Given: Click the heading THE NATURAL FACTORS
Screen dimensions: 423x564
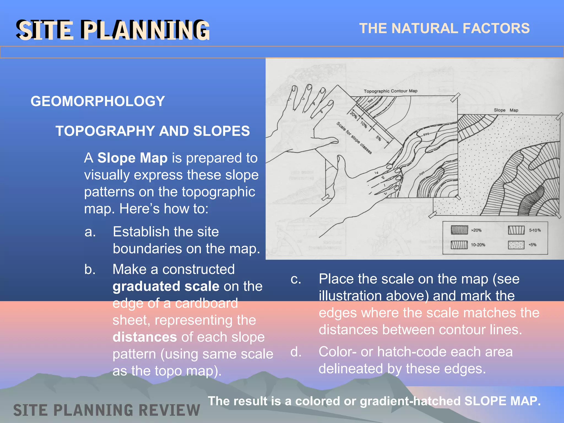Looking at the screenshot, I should click(444, 28).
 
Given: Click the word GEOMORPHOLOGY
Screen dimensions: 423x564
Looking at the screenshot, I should click(98, 101).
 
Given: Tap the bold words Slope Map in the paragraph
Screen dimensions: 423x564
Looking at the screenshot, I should click(132, 158).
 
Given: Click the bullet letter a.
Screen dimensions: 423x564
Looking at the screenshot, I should click(90, 232).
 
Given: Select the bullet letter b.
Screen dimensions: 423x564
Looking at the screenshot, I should click(90, 269).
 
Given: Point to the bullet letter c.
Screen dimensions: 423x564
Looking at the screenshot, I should click(296, 279).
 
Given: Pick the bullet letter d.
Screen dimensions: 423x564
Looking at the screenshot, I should click(296, 352).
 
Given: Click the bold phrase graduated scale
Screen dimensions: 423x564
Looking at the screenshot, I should click(166, 286).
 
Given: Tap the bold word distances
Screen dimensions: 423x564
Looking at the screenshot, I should click(145, 337).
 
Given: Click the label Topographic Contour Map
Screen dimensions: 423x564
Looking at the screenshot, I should click(391, 91).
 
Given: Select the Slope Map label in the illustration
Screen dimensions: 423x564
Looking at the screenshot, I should click(506, 110).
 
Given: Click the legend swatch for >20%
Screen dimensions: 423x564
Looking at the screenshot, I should click(459, 230).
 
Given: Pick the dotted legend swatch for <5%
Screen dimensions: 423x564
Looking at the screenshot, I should click(516, 245).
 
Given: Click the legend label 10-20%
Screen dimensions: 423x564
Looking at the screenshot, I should click(478, 245).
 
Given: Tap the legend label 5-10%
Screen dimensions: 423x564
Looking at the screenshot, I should click(535, 230).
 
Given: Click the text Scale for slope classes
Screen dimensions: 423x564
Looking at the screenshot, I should click(354, 138).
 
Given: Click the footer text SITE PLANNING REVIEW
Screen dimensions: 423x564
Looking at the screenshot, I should click(107, 410).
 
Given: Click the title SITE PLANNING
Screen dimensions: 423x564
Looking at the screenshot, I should click(113, 30).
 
